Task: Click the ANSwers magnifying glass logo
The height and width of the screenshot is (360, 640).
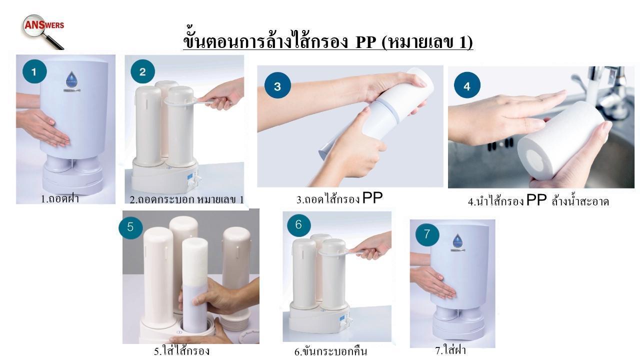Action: (43, 31)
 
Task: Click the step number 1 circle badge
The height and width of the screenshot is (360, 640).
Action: (34, 71)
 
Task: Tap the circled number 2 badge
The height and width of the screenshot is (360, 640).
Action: (143, 71)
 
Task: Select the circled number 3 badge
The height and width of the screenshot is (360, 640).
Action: (277, 85)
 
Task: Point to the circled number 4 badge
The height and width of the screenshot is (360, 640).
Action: (467, 85)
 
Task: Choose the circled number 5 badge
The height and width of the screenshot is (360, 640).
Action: (130, 227)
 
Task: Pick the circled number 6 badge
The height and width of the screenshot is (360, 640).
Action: (299, 224)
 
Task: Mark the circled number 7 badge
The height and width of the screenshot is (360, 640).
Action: (427, 234)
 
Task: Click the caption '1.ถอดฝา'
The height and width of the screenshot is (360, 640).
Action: (60, 198)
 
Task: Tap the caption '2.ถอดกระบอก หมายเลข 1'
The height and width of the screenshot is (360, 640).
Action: (187, 199)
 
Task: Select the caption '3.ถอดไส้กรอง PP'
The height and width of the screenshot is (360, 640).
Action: (339, 198)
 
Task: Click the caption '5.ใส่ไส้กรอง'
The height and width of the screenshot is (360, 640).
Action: (181, 350)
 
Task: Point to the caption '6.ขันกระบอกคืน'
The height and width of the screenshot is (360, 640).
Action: (331, 351)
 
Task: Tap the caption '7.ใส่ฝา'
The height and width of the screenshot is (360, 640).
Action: (450, 349)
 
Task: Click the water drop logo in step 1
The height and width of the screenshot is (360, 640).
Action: (71, 78)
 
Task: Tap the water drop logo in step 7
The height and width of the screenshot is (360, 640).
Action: (457, 240)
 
